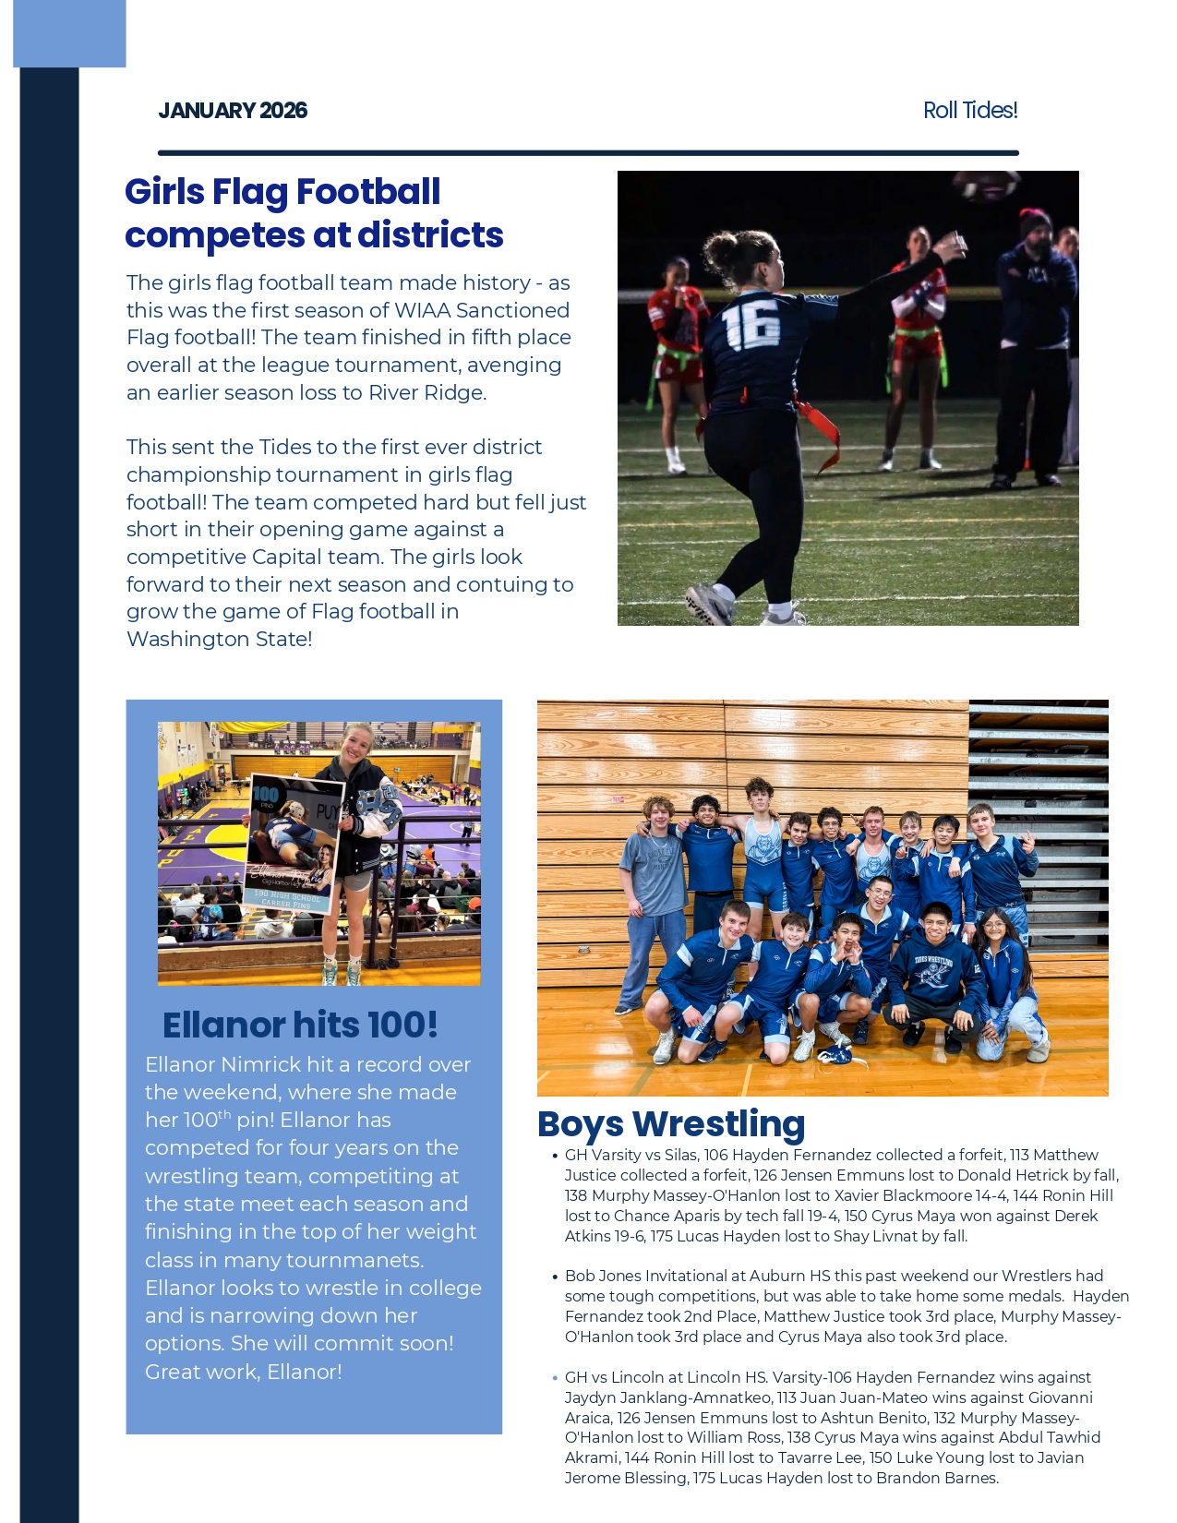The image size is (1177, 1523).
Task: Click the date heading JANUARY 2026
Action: click(233, 111)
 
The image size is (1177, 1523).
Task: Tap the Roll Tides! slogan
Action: click(970, 111)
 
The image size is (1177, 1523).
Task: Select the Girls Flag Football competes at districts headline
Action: click(314, 213)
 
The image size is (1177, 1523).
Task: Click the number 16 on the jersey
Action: click(751, 325)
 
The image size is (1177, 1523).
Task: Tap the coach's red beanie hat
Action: click(1036, 220)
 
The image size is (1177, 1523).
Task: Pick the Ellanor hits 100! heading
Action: click(300, 1025)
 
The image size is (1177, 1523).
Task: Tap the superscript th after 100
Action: click(224, 1114)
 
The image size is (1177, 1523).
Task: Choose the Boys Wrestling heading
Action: click(671, 1123)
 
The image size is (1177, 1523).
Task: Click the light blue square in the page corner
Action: click(69, 33)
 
